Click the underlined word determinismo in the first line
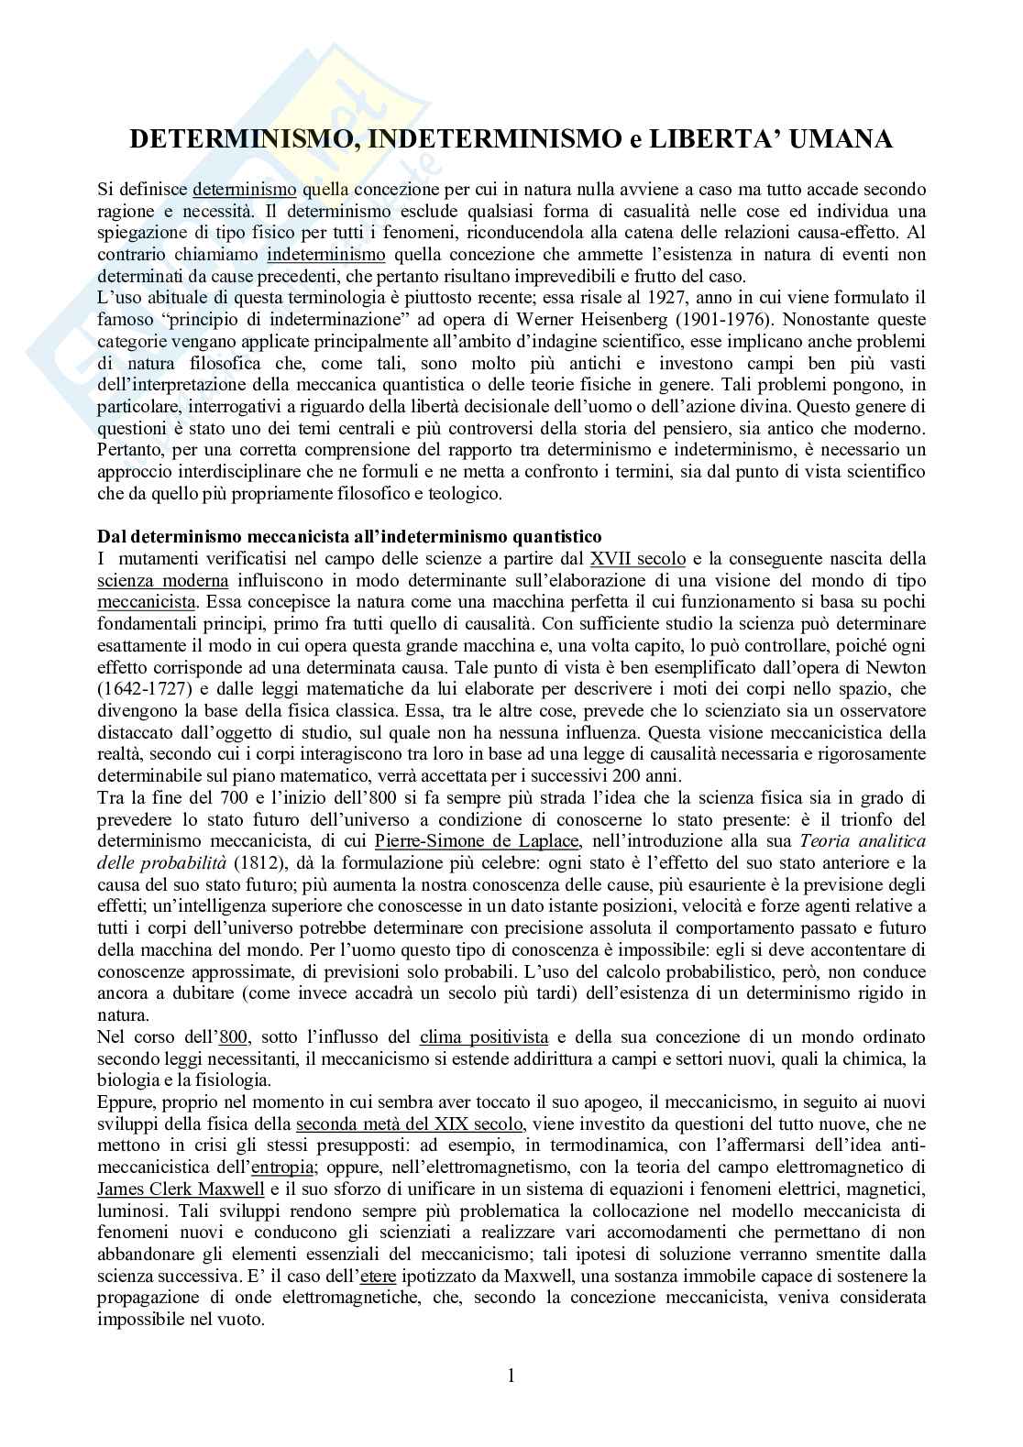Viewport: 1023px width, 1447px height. [x=244, y=191]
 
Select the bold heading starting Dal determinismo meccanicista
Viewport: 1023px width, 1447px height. [x=349, y=537]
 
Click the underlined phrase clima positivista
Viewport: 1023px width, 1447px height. [x=484, y=1037]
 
